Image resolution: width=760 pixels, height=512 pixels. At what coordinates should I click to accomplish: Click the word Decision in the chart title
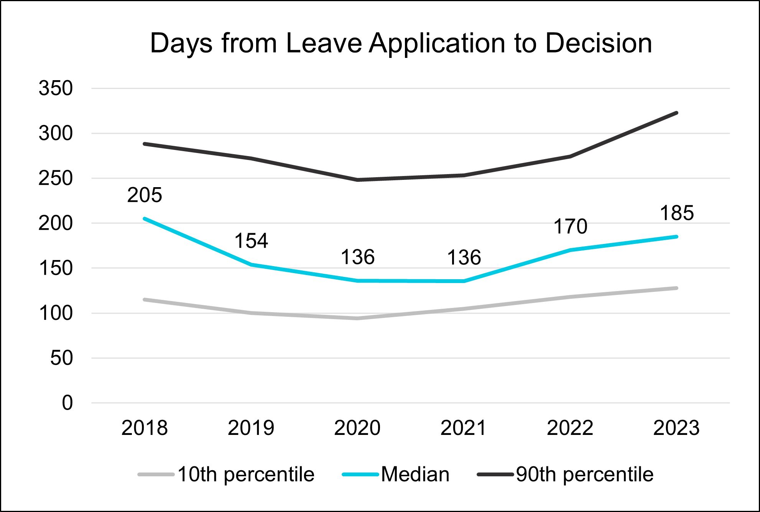599,43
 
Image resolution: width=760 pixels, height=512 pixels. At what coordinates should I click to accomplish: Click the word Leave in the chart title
324,43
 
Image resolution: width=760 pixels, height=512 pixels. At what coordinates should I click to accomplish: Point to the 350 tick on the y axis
56,88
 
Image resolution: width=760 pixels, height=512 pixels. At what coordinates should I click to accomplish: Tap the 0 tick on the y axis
67,403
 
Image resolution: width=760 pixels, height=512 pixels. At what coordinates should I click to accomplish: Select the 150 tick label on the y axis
56,268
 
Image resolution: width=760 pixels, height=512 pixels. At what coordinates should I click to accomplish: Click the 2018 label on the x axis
145,428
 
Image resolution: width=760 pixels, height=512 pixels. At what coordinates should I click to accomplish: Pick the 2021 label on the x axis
464,428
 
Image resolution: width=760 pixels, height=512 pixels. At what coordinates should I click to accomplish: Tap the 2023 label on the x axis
676,428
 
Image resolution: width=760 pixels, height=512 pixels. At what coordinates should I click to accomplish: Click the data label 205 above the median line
145,195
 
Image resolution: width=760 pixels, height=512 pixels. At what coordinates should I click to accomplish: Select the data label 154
251,241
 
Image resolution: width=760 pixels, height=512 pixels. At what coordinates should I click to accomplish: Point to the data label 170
571,226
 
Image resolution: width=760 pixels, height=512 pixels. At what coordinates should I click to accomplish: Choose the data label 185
677,213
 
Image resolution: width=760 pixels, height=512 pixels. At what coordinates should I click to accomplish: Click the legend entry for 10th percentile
226,474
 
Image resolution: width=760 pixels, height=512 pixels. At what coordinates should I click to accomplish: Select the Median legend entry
396,474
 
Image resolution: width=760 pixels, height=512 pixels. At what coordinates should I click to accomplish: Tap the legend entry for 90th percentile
565,474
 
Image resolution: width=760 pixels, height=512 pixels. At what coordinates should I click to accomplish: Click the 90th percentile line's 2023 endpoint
677,113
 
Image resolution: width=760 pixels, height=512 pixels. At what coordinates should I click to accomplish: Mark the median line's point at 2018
145,219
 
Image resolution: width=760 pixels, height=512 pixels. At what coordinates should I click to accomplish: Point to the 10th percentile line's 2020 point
357,318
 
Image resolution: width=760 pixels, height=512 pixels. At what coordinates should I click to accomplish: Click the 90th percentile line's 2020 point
357,180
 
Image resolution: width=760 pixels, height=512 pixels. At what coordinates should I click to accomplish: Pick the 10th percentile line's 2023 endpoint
677,288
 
